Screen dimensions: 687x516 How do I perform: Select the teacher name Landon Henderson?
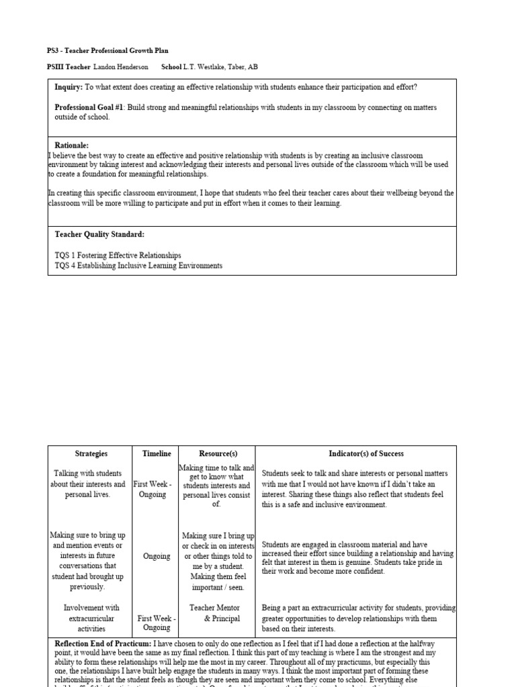click(x=120, y=67)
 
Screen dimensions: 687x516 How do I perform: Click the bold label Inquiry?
click(x=69, y=87)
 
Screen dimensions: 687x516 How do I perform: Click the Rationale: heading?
click(x=71, y=146)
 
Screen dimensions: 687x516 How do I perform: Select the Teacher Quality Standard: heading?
click(x=99, y=235)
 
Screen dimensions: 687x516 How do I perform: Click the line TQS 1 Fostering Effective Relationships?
click(x=118, y=256)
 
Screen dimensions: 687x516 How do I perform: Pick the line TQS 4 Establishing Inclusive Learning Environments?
click(x=138, y=266)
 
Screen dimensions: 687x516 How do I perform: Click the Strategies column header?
click(x=91, y=454)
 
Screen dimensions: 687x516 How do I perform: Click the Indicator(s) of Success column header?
click(x=356, y=454)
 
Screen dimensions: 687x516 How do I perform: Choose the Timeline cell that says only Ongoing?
click(x=156, y=556)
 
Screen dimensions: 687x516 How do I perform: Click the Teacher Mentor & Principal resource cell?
click(x=216, y=613)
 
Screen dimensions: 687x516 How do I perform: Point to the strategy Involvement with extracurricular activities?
click(x=91, y=618)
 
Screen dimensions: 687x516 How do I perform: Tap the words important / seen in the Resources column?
click(x=216, y=588)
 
